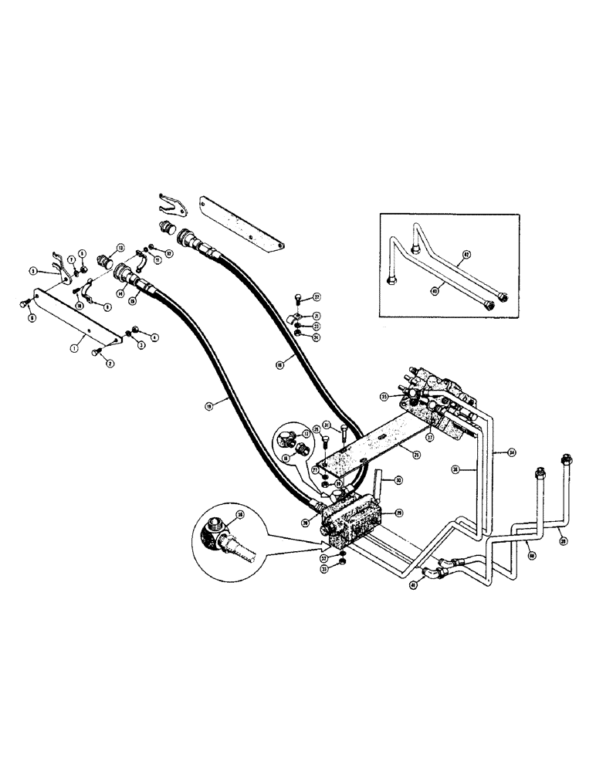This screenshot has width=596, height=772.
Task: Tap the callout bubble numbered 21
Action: point(317,316)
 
